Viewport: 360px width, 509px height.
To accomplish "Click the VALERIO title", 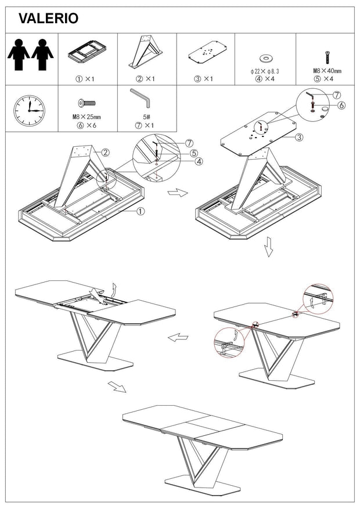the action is pyautogui.click(x=48, y=19).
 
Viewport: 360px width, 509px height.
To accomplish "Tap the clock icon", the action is pyautogui.click(x=29, y=110).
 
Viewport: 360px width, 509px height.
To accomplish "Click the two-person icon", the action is pyautogui.click(x=31, y=55).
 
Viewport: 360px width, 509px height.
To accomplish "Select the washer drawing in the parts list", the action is pyautogui.click(x=266, y=59).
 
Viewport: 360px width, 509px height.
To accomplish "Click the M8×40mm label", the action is pyautogui.click(x=327, y=71).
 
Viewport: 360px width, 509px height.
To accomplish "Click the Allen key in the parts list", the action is pyautogui.click(x=140, y=98).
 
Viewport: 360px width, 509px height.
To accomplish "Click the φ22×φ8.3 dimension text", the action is pyautogui.click(x=265, y=71).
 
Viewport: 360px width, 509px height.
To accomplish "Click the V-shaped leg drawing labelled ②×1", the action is pyautogui.click(x=146, y=52).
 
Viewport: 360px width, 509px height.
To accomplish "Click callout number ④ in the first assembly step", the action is pyautogui.click(x=199, y=161).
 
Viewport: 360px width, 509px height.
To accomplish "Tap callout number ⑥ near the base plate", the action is pyautogui.click(x=341, y=105).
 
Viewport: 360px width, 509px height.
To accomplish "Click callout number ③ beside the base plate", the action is pyautogui.click(x=299, y=138).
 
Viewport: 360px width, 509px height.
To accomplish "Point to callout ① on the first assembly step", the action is pyautogui.click(x=140, y=211).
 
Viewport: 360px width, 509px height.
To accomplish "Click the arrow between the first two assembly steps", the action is pyautogui.click(x=178, y=193).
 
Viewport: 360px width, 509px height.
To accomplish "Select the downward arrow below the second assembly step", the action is pyautogui.click(x=268, y=247).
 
